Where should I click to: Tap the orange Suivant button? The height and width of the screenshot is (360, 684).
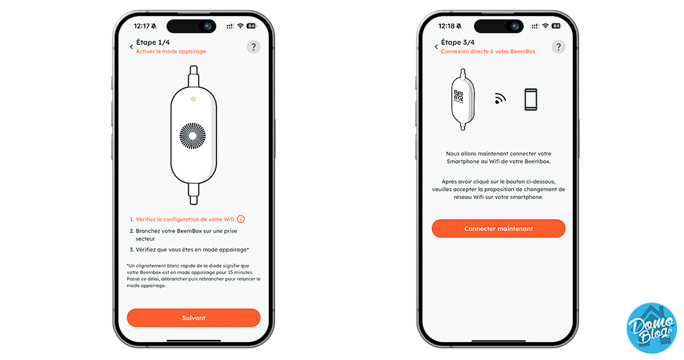[193, 318]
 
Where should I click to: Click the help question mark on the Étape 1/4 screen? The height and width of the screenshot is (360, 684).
[254, 47]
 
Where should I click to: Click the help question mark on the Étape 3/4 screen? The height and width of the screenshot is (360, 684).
[558, 47]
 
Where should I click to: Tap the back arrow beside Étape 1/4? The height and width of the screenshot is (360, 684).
[131, 47]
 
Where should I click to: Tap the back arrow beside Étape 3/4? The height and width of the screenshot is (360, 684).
[436, 47]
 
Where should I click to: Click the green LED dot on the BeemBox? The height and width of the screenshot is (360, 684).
[193, 99]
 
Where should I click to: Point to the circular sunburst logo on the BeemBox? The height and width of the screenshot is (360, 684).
[193, 135]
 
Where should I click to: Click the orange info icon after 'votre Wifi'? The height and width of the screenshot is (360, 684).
[241, 219]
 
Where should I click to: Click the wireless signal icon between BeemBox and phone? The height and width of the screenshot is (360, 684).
[500, 99]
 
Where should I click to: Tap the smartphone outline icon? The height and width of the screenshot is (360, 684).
[531, 100]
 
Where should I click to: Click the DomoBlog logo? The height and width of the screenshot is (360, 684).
[652, 328]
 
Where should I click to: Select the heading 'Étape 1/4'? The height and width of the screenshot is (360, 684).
[153, 42]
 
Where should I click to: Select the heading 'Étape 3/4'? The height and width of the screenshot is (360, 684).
[457, 42]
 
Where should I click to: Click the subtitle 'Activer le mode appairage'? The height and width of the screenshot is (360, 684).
[171, 52]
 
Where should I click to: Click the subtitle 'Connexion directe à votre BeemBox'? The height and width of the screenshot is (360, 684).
[488, 52]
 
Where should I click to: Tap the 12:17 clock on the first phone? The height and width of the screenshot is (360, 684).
[142, 26]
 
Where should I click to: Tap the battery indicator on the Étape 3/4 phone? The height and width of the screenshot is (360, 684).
[555, 26]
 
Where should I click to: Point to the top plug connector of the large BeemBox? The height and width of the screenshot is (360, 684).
[193, 77]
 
